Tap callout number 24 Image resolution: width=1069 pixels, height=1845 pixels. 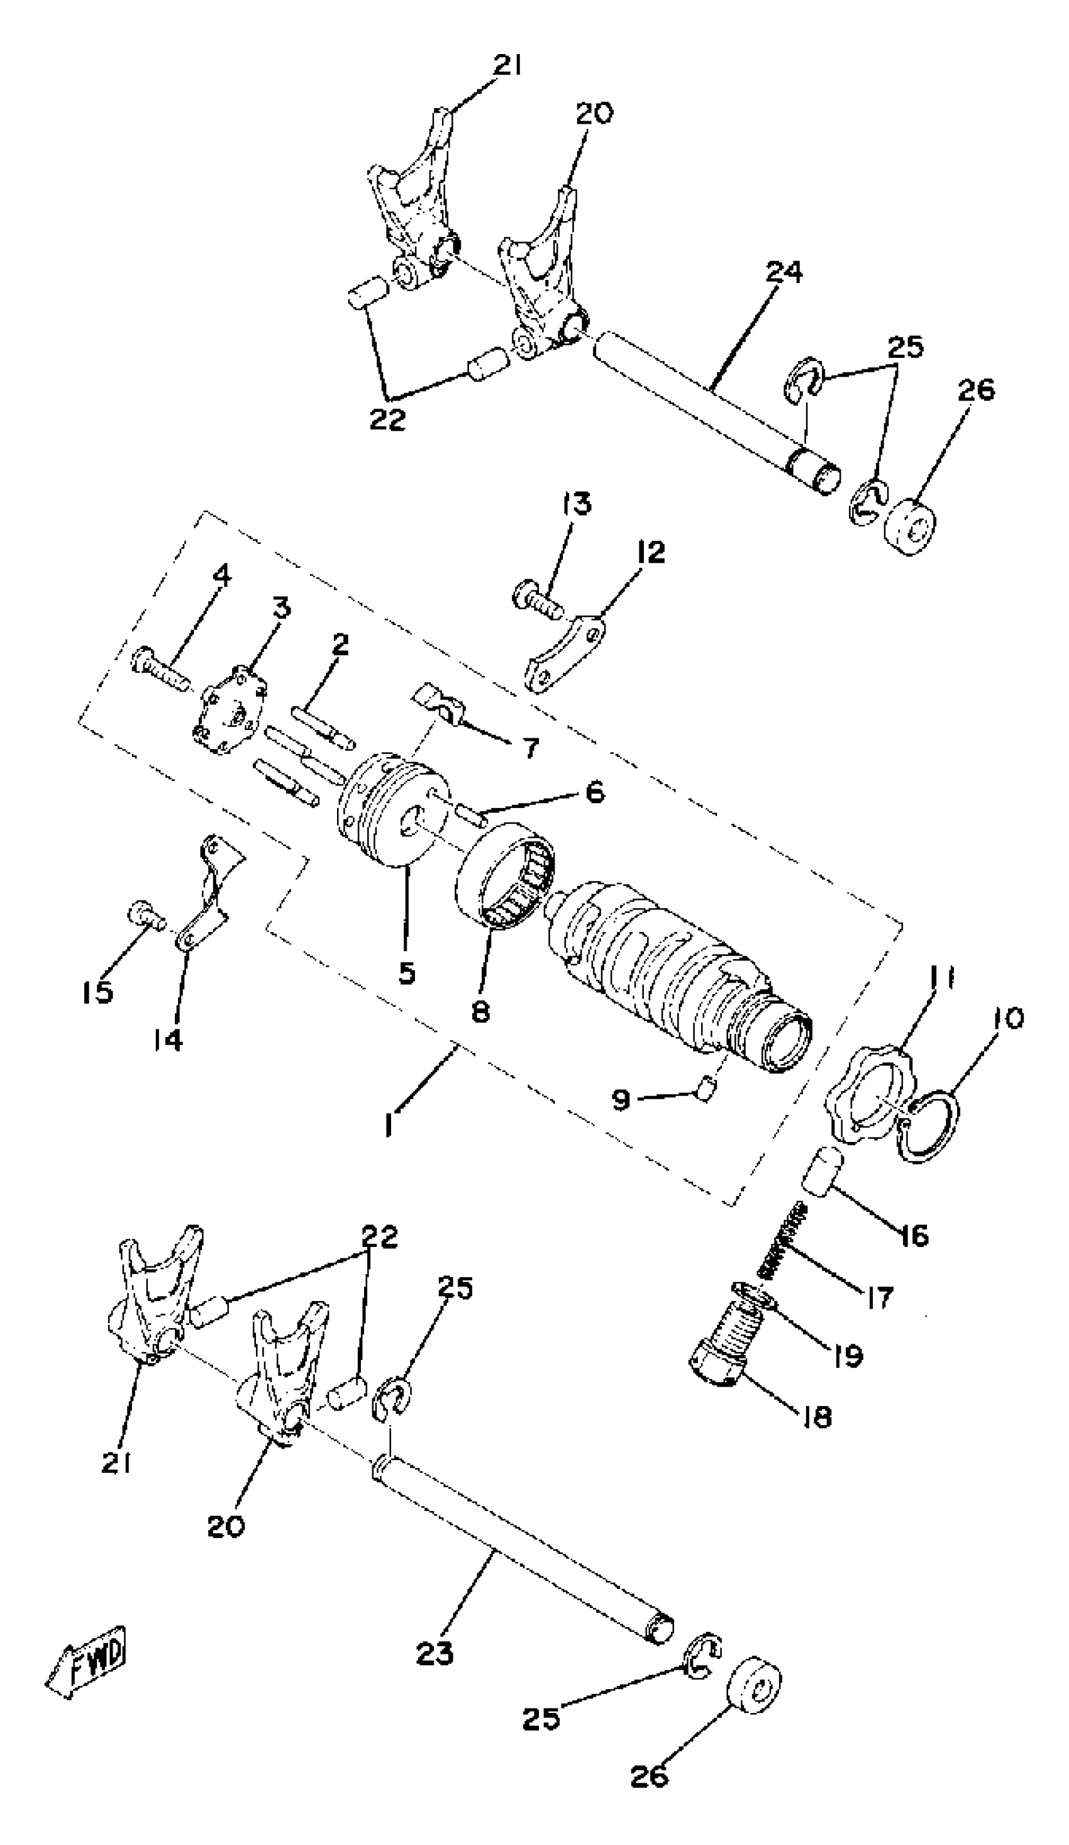(x=784, y=272)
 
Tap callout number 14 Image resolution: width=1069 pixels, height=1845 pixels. (x=169, y=1039)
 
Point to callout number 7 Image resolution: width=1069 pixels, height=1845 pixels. (x=529, y=748)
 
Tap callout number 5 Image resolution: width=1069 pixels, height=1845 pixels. (x=407, y=972)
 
